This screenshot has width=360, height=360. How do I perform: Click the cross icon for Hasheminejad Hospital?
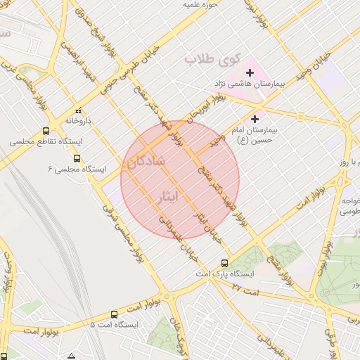[x=250, y=72]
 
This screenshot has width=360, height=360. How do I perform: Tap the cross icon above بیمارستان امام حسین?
[x=255, y=119]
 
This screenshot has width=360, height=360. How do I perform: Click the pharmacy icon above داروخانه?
[x=79, y=110]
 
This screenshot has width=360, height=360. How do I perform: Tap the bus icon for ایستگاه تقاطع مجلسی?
[x=46, y=131]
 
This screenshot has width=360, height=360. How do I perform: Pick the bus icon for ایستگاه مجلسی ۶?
[x=77, y=160]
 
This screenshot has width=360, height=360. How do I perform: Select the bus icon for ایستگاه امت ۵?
[x=115, y=314]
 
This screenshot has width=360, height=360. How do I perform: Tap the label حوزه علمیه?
[x=199, y=4]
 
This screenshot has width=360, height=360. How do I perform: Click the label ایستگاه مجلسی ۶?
[x=77, y=170]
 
